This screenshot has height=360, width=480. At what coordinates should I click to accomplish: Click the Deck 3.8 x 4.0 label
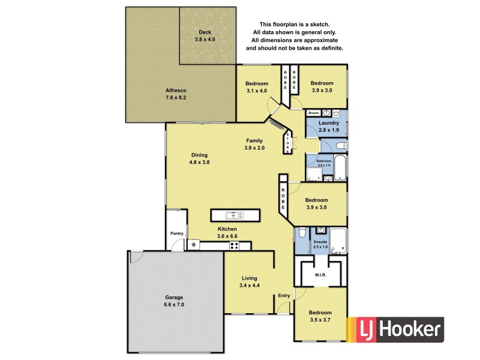205,35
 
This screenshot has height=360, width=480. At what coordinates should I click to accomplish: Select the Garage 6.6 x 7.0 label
175,301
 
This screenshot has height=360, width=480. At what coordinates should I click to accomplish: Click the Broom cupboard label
313,113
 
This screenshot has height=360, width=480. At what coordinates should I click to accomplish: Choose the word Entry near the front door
284,295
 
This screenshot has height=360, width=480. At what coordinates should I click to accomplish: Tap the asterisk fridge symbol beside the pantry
193,245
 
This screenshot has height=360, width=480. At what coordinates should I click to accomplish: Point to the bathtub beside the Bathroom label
340,169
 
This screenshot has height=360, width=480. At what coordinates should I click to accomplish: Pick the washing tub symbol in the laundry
336,113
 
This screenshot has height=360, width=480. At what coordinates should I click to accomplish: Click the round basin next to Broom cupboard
325,113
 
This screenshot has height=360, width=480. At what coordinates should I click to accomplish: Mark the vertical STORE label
288,142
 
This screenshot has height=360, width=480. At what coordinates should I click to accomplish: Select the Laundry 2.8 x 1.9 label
329,126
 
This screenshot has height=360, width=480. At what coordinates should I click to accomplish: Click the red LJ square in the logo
364,329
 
